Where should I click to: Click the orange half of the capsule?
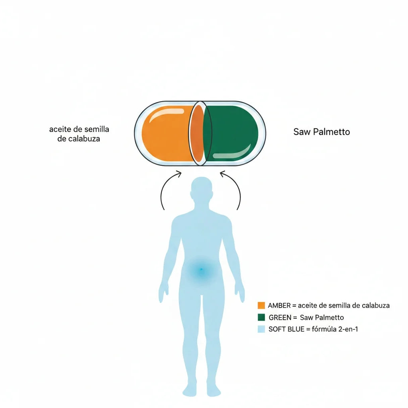click(167, 133)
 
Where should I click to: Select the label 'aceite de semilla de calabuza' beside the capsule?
click(79, 134)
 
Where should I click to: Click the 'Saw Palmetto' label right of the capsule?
click(322, 131)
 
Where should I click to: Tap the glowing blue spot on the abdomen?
click(201, 270)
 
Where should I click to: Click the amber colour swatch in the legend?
click(261, 305)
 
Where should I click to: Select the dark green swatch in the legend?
click(261, 317)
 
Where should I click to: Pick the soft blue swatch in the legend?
click(261, 329)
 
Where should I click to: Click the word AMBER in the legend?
click(279, 306)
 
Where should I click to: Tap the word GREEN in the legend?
click(280, 318)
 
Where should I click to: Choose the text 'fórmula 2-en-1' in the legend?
click(335, 329)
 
